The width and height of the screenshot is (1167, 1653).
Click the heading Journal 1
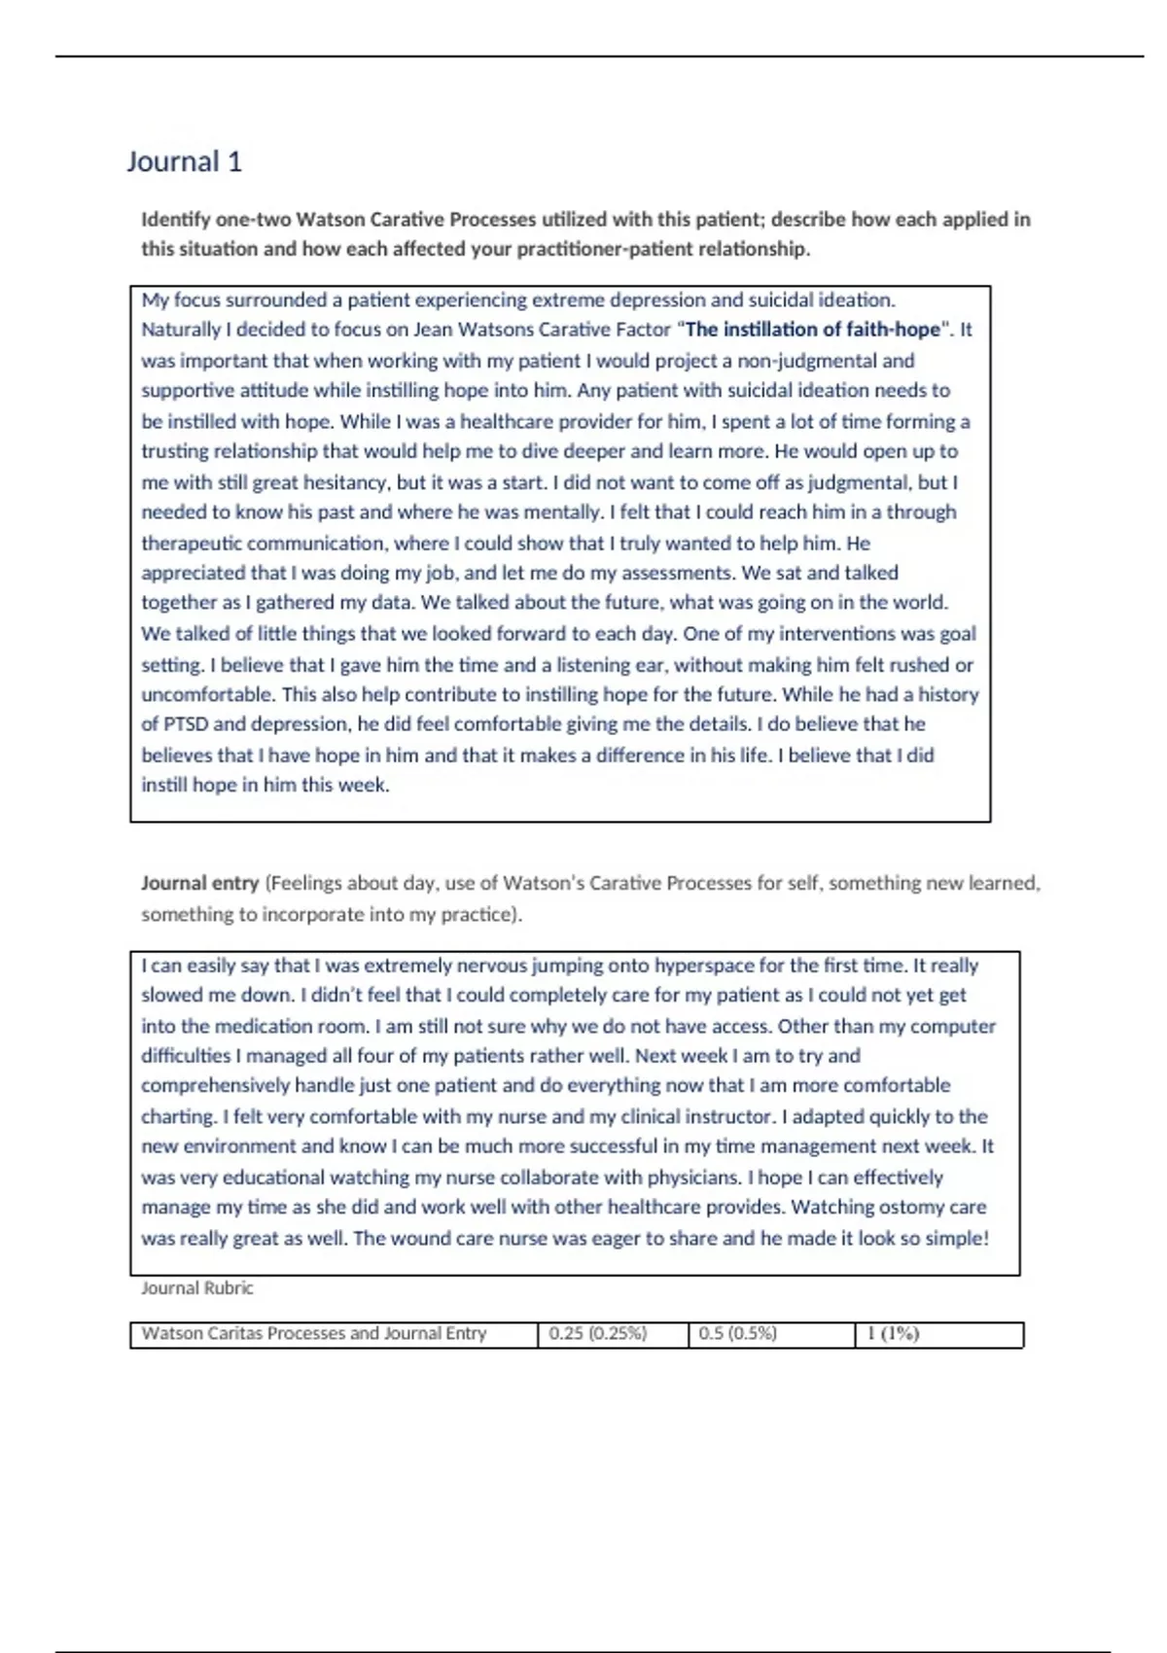(184, 161)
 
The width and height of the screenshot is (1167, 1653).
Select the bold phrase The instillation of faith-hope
(813, 330)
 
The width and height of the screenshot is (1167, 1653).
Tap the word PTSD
(184, 724)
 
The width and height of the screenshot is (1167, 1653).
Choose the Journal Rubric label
(197, 1288)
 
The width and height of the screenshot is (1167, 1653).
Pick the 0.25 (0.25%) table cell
(597, 1334)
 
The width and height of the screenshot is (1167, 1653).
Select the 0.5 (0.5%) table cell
(737, 1334)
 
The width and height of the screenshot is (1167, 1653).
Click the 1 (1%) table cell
(893, 1334)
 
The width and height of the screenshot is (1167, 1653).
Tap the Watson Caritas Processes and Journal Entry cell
(313, 1334)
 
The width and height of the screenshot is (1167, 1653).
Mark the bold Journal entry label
(199, 884)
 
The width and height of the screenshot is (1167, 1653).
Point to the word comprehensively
(215, 1086)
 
